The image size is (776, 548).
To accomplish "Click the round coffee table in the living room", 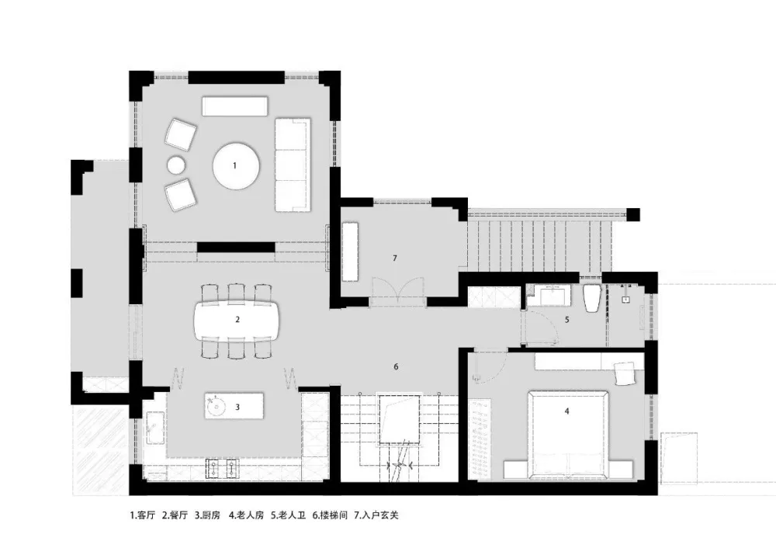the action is [236, 166].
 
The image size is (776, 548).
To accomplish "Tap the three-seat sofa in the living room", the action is [293, 165].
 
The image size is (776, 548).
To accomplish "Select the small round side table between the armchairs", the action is [176, 165].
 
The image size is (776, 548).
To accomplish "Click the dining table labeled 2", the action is [237, 320].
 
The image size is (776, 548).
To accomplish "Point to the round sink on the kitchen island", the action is [217, 407].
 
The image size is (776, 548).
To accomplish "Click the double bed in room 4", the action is [568, 434].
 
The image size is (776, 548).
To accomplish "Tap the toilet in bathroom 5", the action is [592, 298].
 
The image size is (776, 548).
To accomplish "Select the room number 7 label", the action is [394, 258].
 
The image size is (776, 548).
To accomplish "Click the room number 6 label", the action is [396, 367].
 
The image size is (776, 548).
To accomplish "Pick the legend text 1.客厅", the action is [143, 515].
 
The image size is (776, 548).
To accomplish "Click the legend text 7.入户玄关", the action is [376, 515].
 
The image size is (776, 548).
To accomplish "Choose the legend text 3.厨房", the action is [207, 515].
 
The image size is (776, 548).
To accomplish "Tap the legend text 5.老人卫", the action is [288, 515].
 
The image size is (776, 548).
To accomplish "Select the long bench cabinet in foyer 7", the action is [350, 251].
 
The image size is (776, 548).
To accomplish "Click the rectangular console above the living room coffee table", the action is [234, 106].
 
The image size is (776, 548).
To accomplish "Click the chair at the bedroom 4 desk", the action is [625, 373].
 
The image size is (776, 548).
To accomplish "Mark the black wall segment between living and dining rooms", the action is [236, 247].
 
